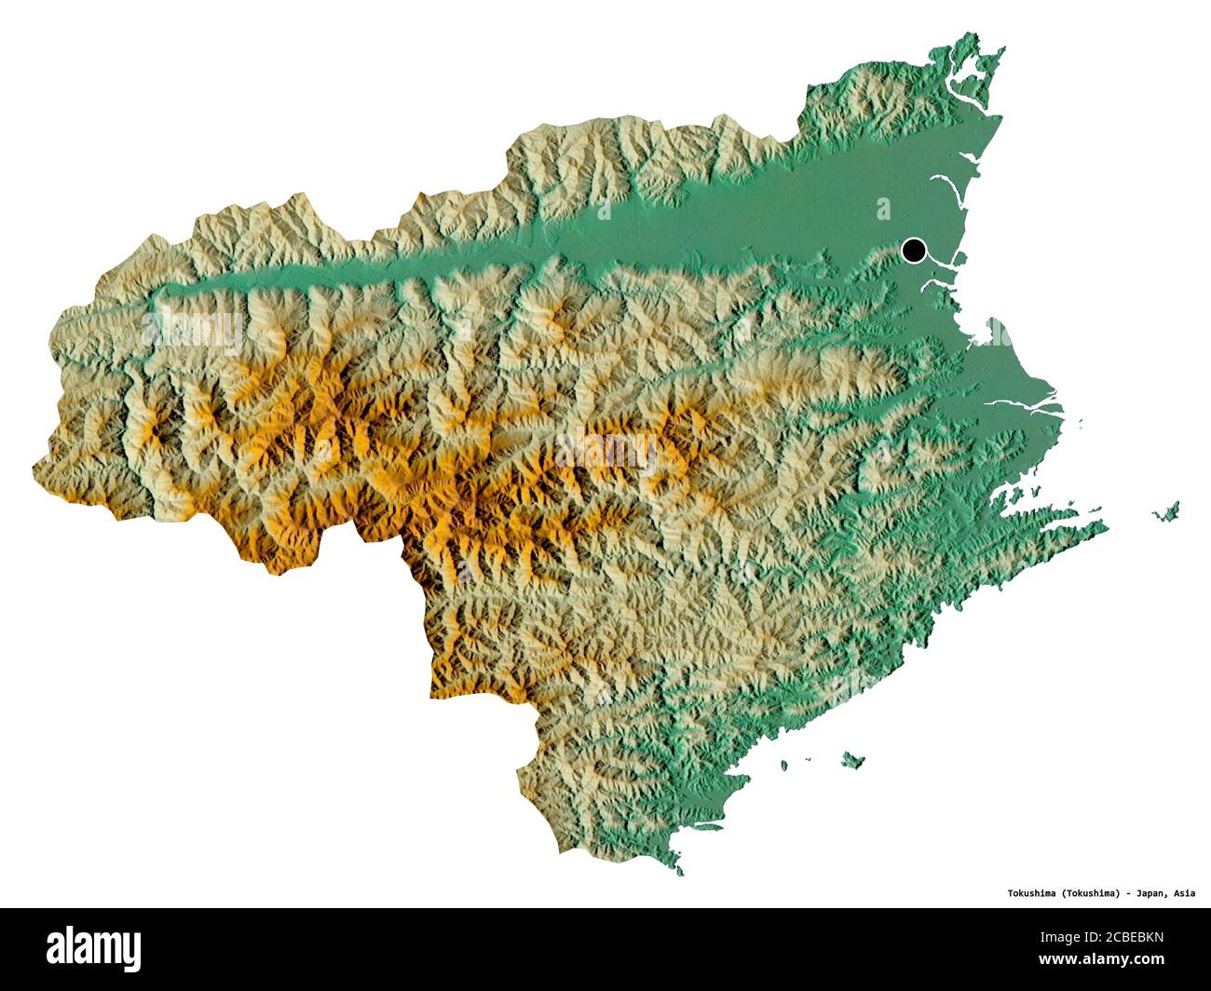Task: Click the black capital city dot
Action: click(914, 250)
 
